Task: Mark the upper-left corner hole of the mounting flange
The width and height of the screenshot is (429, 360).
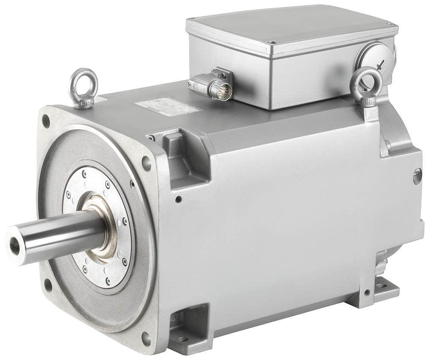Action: tap(45, 121)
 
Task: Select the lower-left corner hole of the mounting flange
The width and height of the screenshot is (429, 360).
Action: tap(48, 284)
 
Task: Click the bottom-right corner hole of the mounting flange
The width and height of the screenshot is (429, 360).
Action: tap(146, 339)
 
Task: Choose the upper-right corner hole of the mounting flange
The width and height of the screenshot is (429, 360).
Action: tap(146, 163)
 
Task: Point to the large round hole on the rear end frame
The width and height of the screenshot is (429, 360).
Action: tap(417, 176)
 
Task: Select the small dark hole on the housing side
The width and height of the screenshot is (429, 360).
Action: tap(178, 199)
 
